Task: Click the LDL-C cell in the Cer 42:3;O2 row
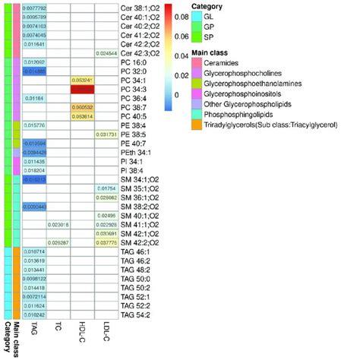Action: pos(106,53)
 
